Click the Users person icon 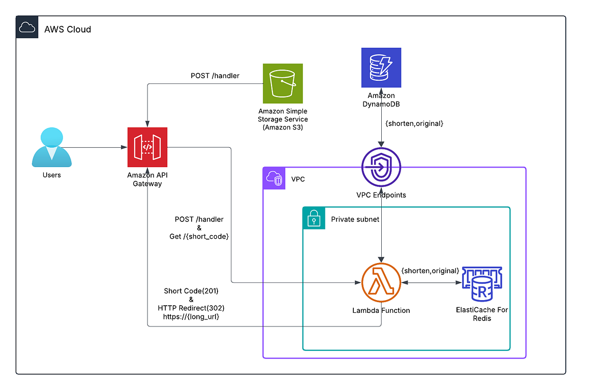pyautogui.click(x=51, y=147)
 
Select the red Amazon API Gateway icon pyautogui.click(x=147, y=147)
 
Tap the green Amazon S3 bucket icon pyautogui.click(x=283, y=83)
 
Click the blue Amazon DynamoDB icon pyautogui.click(x=381, y=68)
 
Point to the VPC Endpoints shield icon pyautogui.click(x=381, y=168)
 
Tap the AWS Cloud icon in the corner pyautogui.click(x=27, y=27)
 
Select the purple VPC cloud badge pyautogui.click(x=274, y=179)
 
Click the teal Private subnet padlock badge pyautogui.click(x=314, y=218)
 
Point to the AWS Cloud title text pyautogui.click(x=68, y=29)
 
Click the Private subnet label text pyautogui.click(x=355, y=219)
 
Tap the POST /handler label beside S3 pyautogui.click(x=215, y=76)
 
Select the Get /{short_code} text pyautogui.click(x=199, y=237)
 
